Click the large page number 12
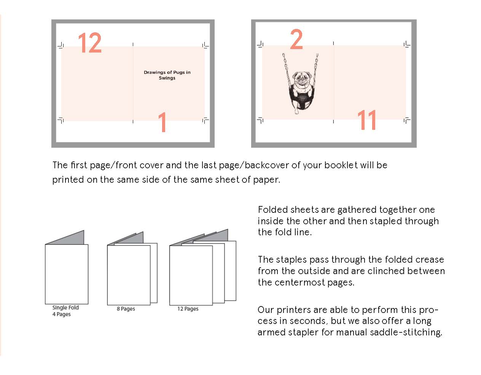(90, 43)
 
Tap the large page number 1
(162, 122)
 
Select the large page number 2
(296, 39)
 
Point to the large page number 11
(367, 120)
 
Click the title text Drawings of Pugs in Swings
(167, 75)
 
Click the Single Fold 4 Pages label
(65, 311)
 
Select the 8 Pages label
(126, 309)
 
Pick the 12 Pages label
(188, 309)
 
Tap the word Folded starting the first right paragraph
(272, 210)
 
